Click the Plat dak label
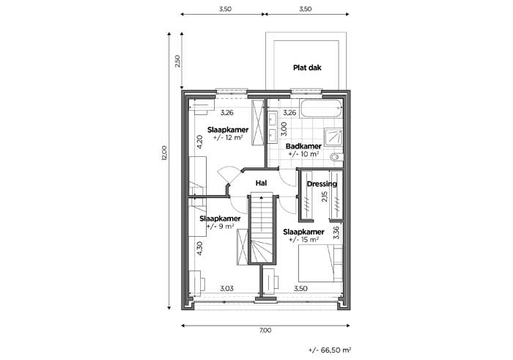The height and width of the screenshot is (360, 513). tap(307, 67)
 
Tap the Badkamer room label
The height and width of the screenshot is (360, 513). tap(303, 147)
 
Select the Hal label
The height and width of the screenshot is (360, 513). tap(261, 183)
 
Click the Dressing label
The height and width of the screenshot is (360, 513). tap(322, 184)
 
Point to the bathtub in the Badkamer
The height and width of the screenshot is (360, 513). tap(321, 109)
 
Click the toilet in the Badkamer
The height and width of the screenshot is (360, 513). tap(337, 158)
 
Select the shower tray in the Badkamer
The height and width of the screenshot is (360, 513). tap(333, 136)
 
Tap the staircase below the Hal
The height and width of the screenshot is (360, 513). tap(262, 229)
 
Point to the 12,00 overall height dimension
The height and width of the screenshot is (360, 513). tap(164, 153)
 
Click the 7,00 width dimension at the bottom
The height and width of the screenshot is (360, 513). tap(265, 330)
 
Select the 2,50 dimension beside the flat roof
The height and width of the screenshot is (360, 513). tap(177, 61)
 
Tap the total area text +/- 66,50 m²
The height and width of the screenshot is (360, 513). tap(330, 350)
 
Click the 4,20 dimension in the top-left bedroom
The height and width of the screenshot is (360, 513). tap(199, 142)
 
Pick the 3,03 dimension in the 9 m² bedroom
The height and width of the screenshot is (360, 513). tap(226, 288)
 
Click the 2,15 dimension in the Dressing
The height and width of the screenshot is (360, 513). tap(324, 197)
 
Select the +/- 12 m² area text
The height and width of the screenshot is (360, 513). tap(228, 137)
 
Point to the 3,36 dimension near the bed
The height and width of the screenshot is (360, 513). tap(336, 233)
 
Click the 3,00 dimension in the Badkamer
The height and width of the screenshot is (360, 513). tap(284, 129)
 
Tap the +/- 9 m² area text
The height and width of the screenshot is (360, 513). tap(221, 226)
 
